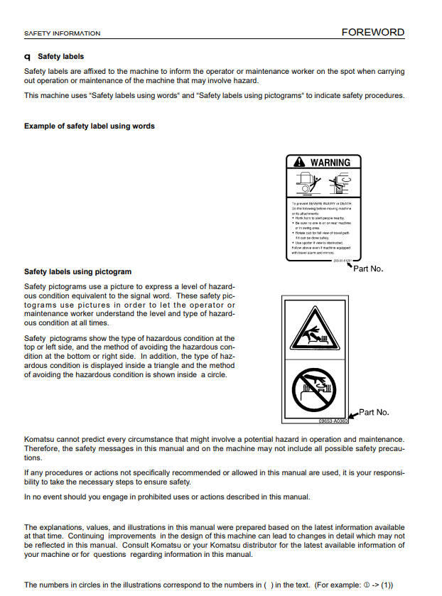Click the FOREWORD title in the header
372,32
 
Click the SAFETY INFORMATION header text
62,33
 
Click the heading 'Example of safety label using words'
90,126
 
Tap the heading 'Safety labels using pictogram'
77,271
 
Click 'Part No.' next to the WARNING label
368,269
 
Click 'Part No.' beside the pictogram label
374,412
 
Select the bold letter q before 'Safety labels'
27,57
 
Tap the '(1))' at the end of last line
397,585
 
